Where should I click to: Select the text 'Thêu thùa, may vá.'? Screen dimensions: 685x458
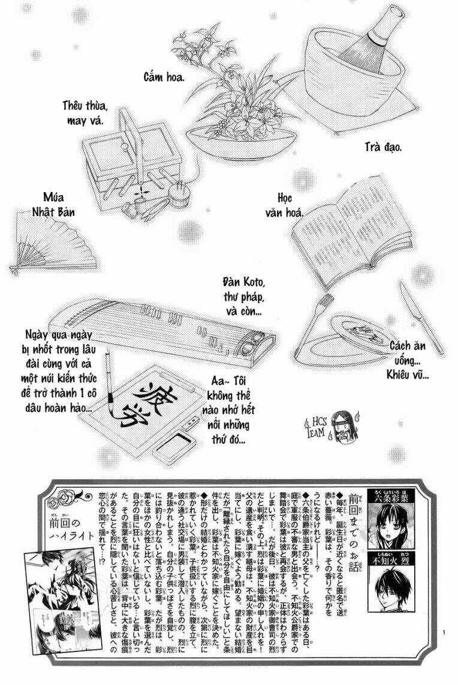(x=85, y=113)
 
